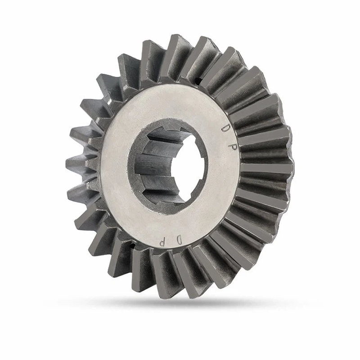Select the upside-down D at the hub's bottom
click(179, 241)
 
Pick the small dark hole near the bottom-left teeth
click(132, 246)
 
